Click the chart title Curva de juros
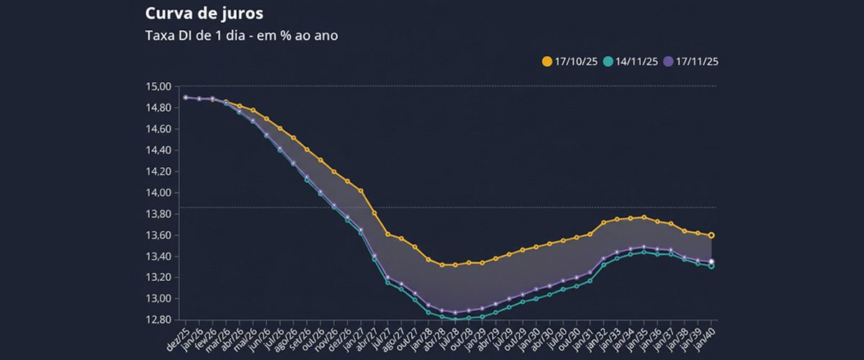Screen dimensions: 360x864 pos(194,14)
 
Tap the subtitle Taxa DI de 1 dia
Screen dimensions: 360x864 pos(241,35)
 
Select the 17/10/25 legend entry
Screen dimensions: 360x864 pos(567,62)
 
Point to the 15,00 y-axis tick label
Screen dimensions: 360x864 pos(159,86)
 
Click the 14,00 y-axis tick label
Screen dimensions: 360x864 pos(159,193)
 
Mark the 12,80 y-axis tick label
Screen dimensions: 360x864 pos(159,320)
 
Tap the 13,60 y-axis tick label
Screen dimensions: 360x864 pos(159,235)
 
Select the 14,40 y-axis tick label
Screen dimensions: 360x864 pos(159,150)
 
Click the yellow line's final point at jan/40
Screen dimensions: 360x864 pos(711,235)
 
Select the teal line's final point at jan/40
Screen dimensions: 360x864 pos(711,266)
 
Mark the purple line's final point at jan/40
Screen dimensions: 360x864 pos(711,261)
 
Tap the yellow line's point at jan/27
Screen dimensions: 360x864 pos(361,191)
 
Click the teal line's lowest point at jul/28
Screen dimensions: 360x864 pos(455,319)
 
